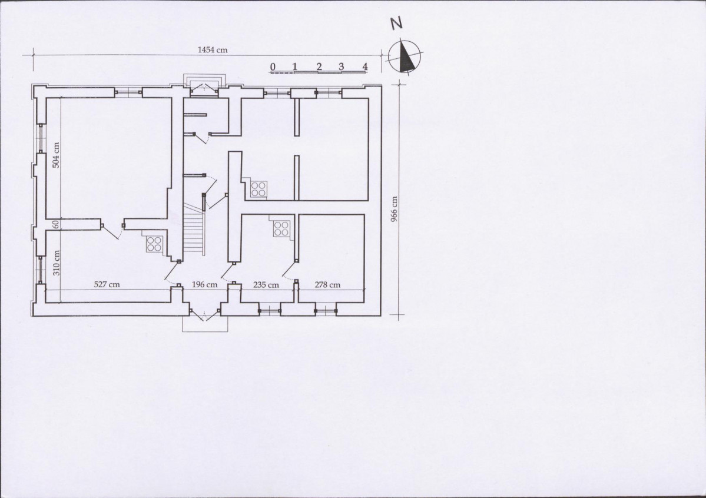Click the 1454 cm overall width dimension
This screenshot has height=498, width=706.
[x=213, y=49]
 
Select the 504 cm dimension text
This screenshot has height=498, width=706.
[x=56, y=155]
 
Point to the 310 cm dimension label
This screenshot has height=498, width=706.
[x=56, y=263]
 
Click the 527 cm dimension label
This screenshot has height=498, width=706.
[x=107, y=284]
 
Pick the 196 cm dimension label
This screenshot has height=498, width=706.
[x=204, y=284]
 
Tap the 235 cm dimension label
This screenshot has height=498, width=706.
[x=266, y=284]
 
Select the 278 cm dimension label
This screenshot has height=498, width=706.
[x=327, y=284]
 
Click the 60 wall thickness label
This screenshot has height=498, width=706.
[x=56, y=224]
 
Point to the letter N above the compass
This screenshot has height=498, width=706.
[x=396, y=24]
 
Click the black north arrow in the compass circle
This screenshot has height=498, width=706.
[x=406, y=56]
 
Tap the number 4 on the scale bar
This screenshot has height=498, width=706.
[x=364, y=67]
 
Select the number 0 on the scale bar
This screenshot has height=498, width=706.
[x=273, y=67]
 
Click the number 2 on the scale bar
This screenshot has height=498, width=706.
[x=319, y=67]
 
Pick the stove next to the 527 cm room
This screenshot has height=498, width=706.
[x=154, y=244]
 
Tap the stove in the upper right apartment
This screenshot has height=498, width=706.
[x=258, y=189]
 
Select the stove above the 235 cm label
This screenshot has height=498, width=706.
[x=281, y=228]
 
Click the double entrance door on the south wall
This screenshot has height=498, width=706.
[x=205, y=313]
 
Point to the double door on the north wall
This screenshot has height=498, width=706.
[x=204, y=89]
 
